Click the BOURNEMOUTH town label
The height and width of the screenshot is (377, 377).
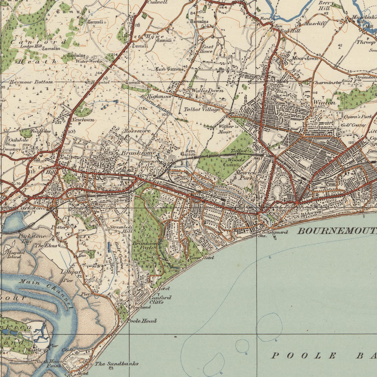[x=337, y=230]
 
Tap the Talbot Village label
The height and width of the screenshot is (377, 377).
[x=202, y=109]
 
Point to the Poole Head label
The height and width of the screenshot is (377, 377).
[x=142, y=321]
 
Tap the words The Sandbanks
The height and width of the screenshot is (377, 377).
[x=116, y=364]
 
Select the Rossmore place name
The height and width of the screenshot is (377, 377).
[x=137, y=131]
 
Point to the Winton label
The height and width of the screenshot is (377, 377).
[x=324, y=102]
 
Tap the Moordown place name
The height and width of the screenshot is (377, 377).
[x=305, y=58]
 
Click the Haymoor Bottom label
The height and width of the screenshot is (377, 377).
[x=31, y=82]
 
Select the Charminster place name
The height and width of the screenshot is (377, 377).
[x=327, y=83]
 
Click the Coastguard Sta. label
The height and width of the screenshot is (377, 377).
[x=268, y=233]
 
